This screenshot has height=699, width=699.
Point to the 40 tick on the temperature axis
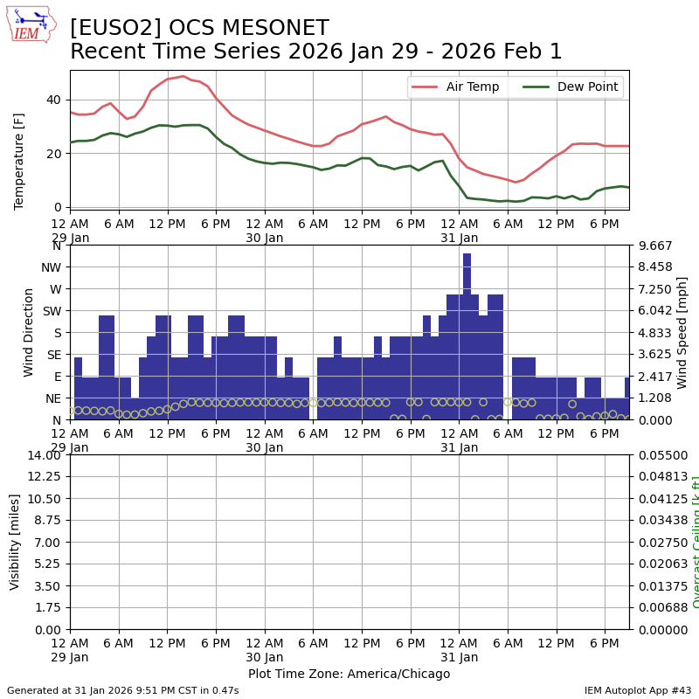52,100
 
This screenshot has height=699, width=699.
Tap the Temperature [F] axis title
19,161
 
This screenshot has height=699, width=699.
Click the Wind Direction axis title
29,332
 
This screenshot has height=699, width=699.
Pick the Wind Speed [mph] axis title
682,332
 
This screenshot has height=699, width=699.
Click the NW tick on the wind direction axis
51,267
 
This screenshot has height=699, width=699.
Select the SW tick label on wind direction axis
51,311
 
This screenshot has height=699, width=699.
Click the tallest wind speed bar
467,336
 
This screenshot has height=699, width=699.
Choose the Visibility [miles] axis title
15,542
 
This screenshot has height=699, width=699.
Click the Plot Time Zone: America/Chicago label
349,674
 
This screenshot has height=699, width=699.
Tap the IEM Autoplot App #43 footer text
637,690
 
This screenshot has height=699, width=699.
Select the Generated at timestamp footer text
122,690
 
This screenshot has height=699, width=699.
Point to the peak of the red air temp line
183,76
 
